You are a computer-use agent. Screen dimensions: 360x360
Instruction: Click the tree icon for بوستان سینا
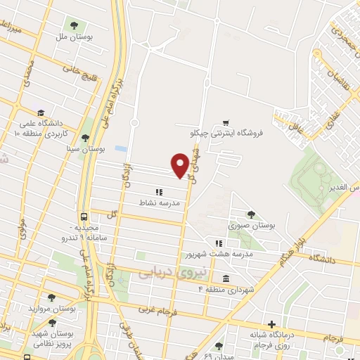pyautogui.click(x=86, y=139)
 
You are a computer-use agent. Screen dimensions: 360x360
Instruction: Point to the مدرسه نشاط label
pyautogui.click(x=162, y=202)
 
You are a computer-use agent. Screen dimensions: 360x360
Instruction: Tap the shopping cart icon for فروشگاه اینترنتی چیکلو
pyautogui.click(x=225, y=122)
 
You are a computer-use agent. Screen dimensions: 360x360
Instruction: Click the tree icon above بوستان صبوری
pyautogui.click(x=251, y=214)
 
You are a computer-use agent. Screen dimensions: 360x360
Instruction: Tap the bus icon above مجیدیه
pyautogui.click(x=84, y=217)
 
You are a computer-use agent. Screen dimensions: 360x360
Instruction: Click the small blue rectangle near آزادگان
pyautogui.click(x=121, y=149)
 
